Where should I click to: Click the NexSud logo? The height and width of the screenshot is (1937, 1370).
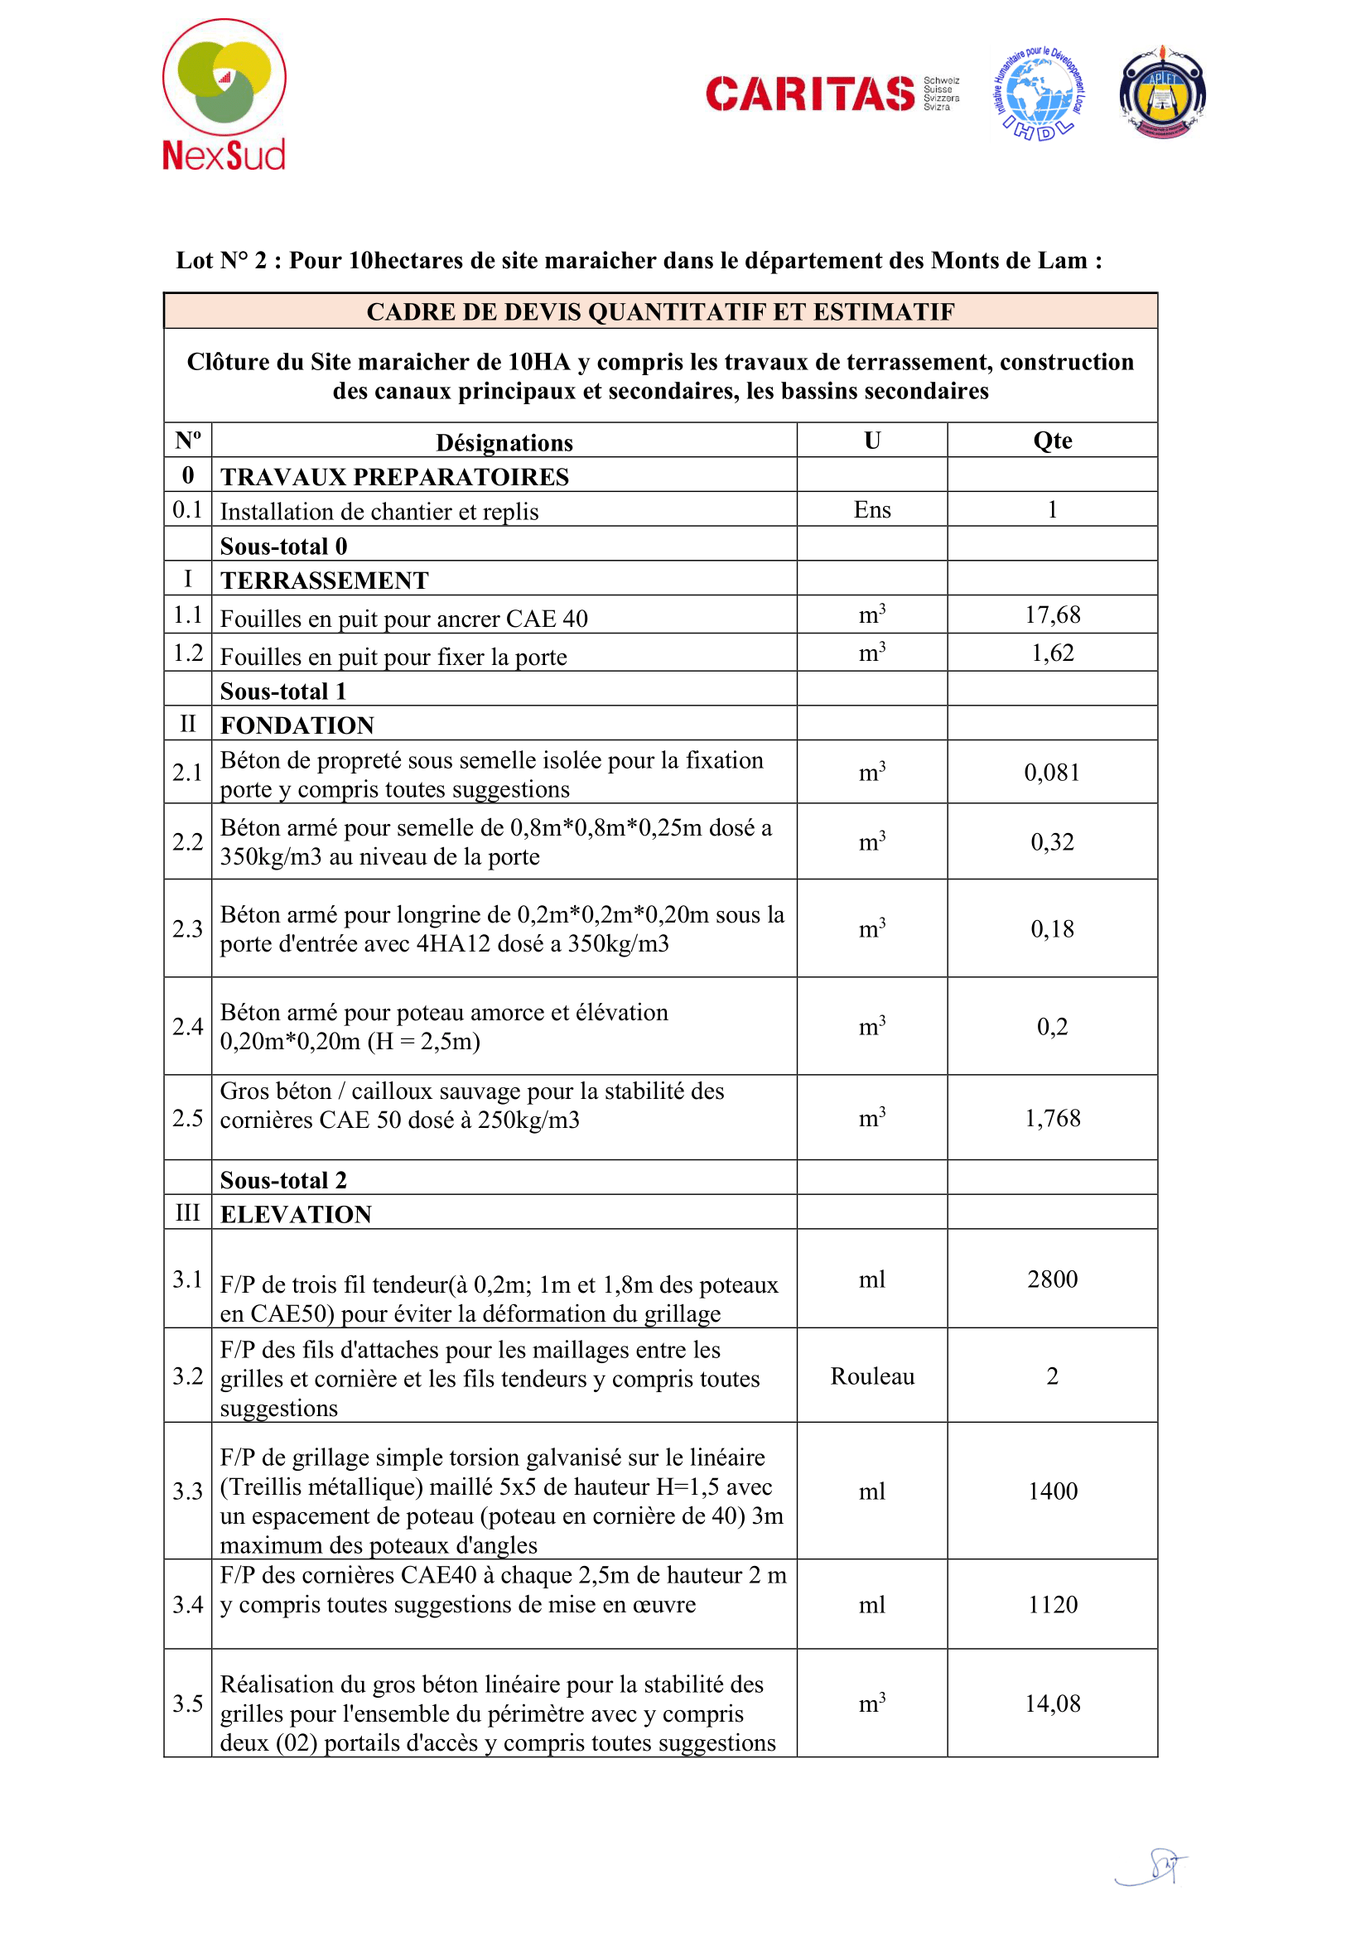pos(224,95)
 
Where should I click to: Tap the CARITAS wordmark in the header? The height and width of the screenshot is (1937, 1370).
pos(810,94)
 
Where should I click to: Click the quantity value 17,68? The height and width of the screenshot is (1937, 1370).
pos(1052,615)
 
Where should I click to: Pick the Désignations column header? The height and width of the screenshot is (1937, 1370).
pos(504,442)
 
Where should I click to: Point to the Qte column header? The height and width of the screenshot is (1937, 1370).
pos(1052,441)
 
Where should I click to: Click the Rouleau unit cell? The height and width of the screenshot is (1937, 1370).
pos(872,1376)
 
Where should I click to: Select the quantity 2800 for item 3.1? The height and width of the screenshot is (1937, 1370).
pos(1052,1279)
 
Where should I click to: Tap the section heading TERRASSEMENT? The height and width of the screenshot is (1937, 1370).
pos(325,581)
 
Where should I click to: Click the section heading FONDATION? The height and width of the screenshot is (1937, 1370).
pos(297,725)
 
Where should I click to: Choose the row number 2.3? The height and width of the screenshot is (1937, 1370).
pos(187,929)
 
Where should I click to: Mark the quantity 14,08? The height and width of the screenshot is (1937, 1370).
pos(1052,1703)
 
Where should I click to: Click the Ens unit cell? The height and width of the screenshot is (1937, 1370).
pos(872,509)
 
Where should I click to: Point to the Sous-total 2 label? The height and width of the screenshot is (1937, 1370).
pos(283,1179)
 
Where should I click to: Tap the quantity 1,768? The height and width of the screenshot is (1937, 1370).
pos(1052,1118)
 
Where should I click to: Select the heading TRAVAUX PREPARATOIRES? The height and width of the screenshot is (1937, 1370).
pos(395,477)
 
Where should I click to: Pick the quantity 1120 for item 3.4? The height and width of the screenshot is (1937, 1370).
pos(1052,1604)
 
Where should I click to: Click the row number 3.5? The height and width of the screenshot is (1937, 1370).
pos(187,1703)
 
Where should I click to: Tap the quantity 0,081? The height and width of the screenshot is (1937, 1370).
pos(1052,772)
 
